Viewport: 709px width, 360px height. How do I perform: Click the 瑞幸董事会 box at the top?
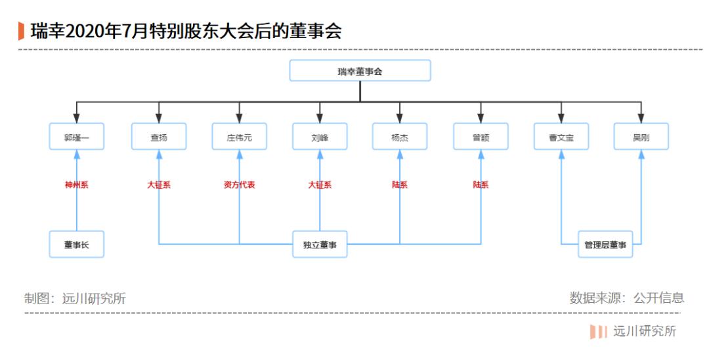click(360, 71)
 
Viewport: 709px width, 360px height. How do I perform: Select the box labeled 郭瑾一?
click(76, 137)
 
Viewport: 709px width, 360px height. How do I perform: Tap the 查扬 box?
click(159, 137)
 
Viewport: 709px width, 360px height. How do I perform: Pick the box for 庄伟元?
click(239, 137)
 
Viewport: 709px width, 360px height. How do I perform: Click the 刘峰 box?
click(320, 137)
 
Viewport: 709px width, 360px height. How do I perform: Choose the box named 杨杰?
click(400, 137)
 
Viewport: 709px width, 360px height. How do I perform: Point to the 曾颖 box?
click(481, 137)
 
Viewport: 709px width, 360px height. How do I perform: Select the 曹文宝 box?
click(561, 137)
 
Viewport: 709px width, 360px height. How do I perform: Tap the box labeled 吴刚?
click(641, 137)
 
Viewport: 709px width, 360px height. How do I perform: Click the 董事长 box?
click(76, 244)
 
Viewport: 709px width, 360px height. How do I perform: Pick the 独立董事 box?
click(320, 244)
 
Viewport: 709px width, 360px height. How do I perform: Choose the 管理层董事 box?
click(605, 244)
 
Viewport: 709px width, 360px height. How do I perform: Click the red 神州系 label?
click(76, 185)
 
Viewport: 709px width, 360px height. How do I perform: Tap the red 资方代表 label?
click(239, 185)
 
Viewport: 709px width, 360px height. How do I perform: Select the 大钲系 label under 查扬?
click(159, 185)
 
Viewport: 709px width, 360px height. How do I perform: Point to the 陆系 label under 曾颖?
click(481, 185)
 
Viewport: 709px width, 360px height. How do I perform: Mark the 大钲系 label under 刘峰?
click(320, 185)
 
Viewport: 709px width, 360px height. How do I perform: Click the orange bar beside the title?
click(21, 31)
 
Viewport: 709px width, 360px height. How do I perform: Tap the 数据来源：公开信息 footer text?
click(627, 298)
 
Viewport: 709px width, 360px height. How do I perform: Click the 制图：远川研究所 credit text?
click(75, 298)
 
